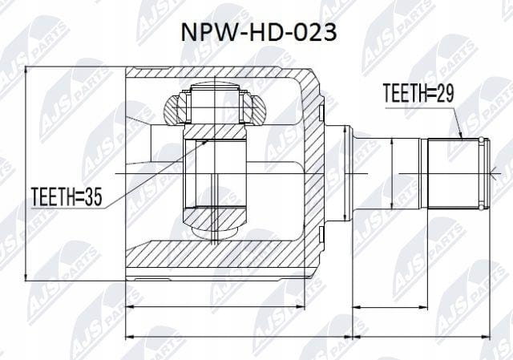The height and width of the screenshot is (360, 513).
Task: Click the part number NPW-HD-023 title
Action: [x=259, y=33]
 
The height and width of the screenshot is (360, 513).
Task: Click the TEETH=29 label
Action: [x=418, y=93]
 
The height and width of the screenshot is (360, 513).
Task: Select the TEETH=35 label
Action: [x=67, y=196]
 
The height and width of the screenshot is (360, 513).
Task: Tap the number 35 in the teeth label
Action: [x=93, y=196]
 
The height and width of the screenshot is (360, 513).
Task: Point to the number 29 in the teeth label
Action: [x=445, y=93]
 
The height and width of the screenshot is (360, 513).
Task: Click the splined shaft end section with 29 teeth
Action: [x=454, y=173]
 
